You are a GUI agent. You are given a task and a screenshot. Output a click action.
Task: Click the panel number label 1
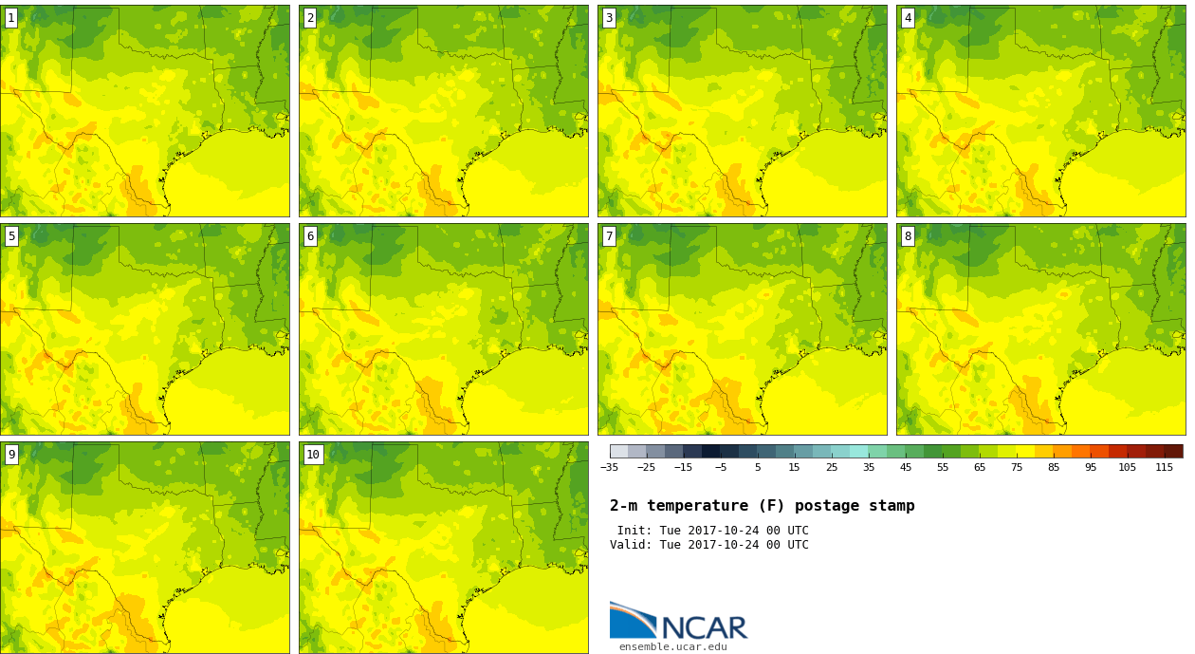tap(11, 19)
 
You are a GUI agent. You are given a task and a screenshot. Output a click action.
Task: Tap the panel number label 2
tap(310, 19)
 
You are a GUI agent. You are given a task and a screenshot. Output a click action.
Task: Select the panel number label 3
tap(609, 19)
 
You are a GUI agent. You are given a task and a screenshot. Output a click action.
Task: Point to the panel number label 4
tap(908, 19)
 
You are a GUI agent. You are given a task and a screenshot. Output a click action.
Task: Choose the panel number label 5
tap(11, 236)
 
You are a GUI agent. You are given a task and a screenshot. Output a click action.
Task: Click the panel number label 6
tap(310, 236)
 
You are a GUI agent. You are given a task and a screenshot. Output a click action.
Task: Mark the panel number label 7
tap(609, 236)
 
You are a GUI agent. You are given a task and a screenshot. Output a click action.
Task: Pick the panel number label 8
tap(908, 236)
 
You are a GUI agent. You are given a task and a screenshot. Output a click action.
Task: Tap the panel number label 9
tap(11, 455)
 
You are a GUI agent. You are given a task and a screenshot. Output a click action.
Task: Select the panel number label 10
tap(313, 455)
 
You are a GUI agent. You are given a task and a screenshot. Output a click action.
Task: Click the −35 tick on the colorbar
tap(609, 468)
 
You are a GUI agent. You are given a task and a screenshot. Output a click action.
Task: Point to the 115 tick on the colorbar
tap(1164, 468)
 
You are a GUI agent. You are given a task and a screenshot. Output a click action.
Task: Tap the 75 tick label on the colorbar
tap(1017, 468)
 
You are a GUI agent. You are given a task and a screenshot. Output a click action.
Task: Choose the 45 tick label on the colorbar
tap(906, 468)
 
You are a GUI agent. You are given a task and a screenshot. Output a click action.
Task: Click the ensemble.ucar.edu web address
tap(673, 647)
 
